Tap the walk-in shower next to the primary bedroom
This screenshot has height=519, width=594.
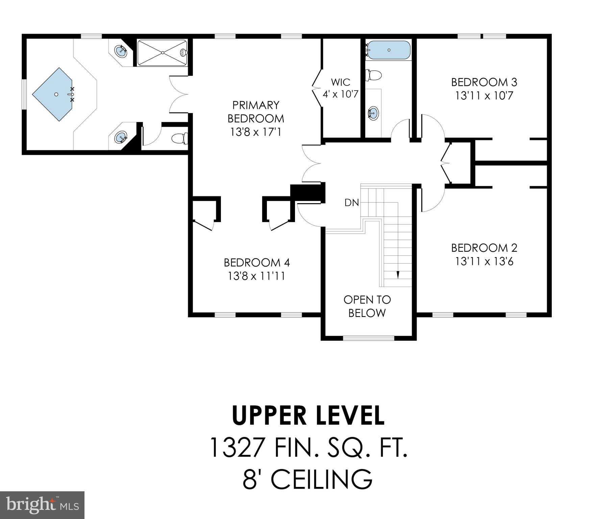(x=162, y=53)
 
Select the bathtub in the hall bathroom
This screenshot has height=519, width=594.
(x=388, y=50)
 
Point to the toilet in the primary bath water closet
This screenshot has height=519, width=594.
(x=179, y=138)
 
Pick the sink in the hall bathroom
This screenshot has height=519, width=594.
(x=373, y=113)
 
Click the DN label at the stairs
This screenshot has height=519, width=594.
(x=351, y=203)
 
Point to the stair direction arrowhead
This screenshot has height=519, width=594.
(x=398, y=274)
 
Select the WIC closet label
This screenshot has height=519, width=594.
(x=340, y=82)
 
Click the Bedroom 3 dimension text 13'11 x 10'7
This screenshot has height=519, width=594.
(x=484, y=96)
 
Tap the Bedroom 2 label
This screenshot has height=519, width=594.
(x=484, y=248)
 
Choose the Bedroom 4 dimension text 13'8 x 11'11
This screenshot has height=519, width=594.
(x=256, y=276)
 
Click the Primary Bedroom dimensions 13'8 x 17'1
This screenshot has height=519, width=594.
(x=255, y=132)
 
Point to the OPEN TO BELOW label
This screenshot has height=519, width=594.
(x=367, y=306)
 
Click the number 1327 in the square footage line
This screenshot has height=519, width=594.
(x=237, y=448)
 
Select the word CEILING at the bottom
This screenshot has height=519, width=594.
(x=321, y=479)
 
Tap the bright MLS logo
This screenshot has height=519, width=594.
(x=42, y=505)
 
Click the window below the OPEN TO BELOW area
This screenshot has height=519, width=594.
(x=368, y=338)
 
